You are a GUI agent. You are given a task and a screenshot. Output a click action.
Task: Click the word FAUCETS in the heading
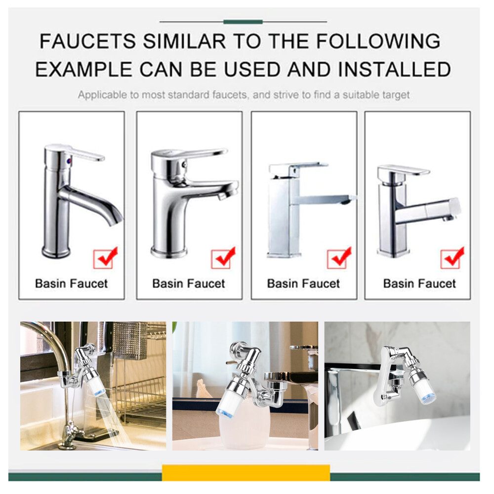coord(88,41)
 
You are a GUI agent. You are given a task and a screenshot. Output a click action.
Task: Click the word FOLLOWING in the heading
coord(378,41)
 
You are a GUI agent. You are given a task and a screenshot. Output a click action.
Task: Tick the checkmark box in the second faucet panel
coord(223,258)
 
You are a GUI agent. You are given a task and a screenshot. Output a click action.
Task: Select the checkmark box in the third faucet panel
coord(338,258)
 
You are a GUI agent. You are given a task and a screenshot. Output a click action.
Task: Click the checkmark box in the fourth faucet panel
coord(452,258)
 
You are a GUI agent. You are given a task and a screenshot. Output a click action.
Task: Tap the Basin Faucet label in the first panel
coord(72,284)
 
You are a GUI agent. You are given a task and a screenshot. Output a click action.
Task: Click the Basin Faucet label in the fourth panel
coord(419,284)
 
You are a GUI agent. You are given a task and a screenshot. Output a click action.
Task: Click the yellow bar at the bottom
coord(246,473)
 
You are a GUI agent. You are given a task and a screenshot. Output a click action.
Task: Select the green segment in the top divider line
coord(243,22)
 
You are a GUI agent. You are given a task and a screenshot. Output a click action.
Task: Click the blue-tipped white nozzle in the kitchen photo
coord(97,383)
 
